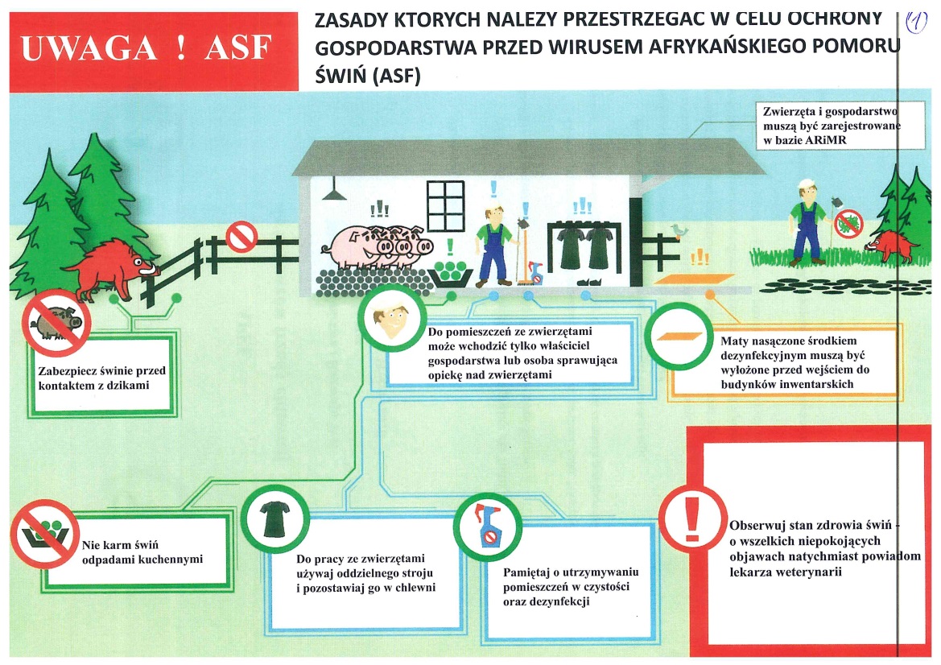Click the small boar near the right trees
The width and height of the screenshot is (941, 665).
[x=894, y=242]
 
